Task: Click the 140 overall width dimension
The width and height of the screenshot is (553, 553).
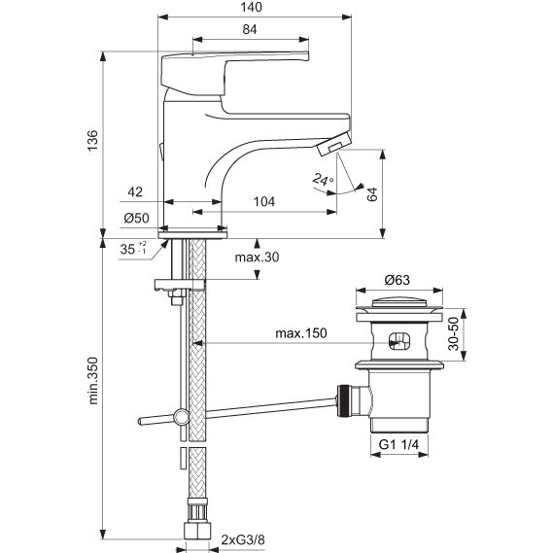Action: point(251,7)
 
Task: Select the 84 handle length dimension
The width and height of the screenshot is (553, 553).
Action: point(250,29)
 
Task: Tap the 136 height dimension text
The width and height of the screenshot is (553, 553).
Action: point(92,141)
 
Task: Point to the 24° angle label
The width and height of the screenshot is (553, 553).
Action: point(323,180)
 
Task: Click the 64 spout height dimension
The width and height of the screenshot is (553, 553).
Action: point(372,194)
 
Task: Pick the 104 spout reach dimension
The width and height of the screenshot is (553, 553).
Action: point(264,202)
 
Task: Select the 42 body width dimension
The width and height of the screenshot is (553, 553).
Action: point(135,191)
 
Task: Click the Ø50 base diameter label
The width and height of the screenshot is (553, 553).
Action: point(136,218)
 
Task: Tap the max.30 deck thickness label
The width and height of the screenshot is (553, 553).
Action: point(257,258)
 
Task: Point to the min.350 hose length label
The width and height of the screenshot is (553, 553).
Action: point(92,381)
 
